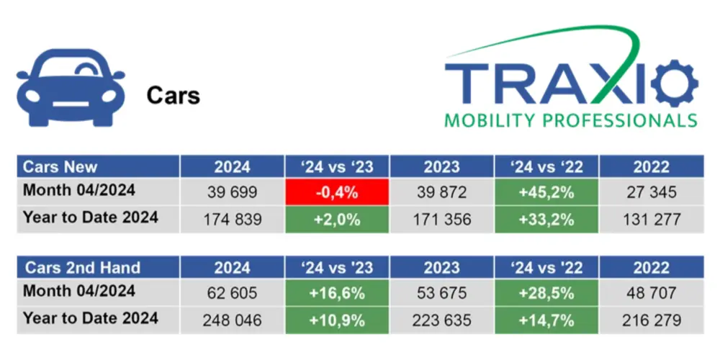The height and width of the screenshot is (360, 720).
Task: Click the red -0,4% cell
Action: click(337, 193)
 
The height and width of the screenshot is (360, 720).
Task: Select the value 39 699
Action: click(232, 193)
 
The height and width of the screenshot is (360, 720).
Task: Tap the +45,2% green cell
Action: click(546, 193)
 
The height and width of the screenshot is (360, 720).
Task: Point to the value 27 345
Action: click(651, 193)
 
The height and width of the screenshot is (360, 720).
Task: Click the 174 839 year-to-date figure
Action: click(232, 220)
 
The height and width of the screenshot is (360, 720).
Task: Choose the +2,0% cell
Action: click(337, 220)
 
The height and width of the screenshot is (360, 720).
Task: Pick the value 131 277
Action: click(651, 220)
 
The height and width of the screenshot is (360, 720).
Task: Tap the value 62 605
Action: click(232, 294)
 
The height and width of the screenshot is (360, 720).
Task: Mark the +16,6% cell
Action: click(337, 294)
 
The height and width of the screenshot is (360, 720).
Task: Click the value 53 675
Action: click(441, 294)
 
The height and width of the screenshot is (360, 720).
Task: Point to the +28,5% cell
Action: click(546, 294)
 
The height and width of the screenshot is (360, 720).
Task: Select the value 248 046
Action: click(232, 320)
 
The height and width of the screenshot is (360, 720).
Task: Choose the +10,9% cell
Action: click(337, 320)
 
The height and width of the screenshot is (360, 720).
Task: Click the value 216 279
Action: click(651, 320)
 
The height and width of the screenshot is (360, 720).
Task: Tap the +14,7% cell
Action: click(546, 320)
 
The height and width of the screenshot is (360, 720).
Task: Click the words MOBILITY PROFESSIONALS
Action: click(570, 119)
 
